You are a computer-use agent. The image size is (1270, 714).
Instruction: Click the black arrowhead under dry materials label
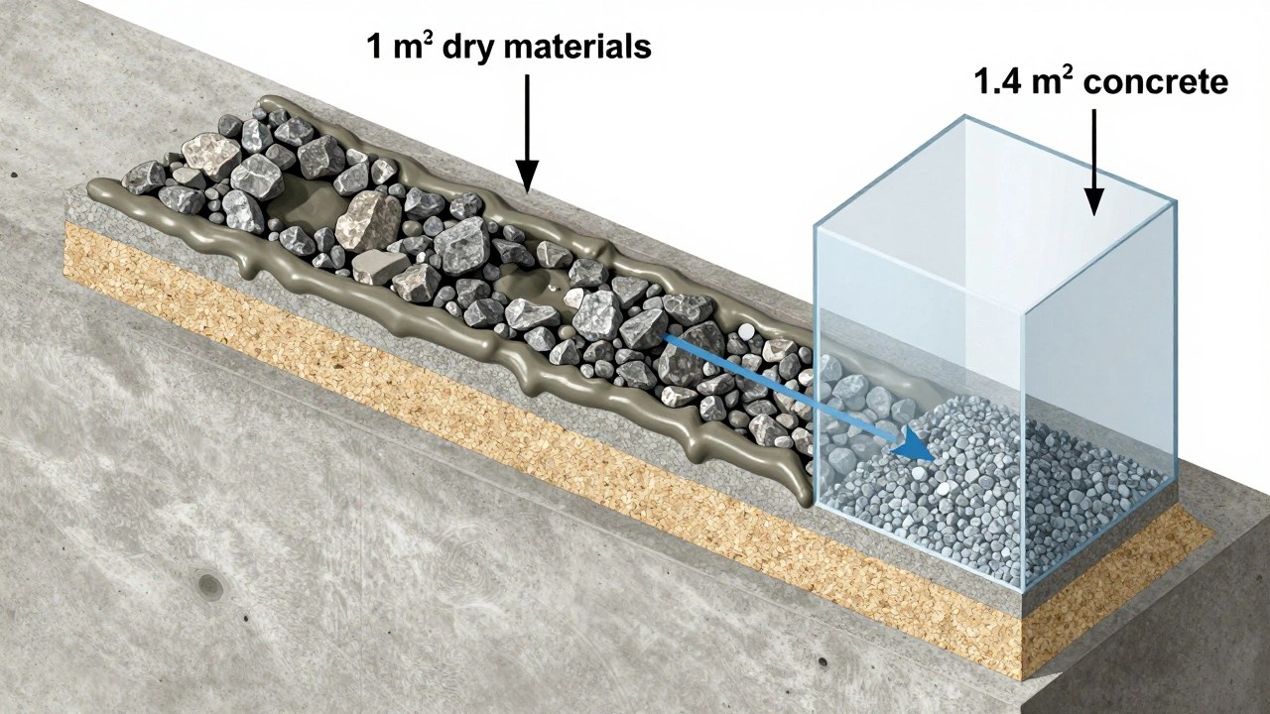pyautogui.click(x=527, y=178)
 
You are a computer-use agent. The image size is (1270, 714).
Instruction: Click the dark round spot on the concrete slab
pyautogui.click(x=209, y=585)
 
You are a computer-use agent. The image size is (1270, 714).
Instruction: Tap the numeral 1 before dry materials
pyautogui.click(x=375, y=47)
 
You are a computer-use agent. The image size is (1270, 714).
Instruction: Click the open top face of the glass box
pyautogui.click(x=992, y=188)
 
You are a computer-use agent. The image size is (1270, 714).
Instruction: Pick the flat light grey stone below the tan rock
pyautogui.click(x=380, y=266)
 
